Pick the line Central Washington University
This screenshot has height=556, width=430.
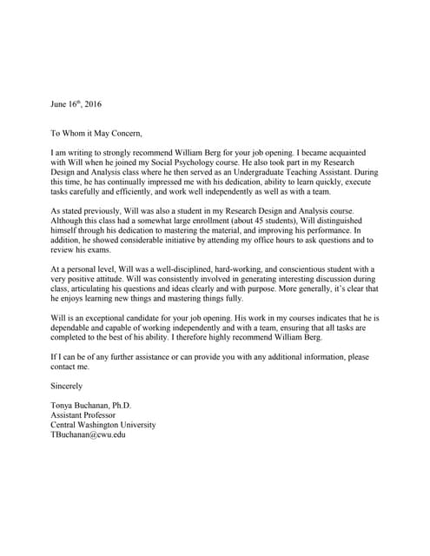coord(104,426)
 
